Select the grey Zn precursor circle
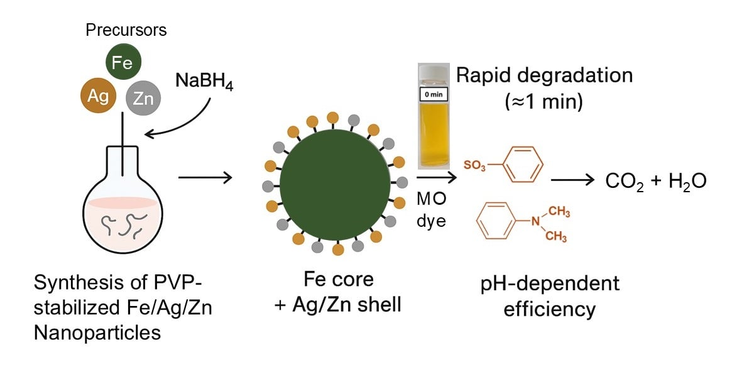point(144,99)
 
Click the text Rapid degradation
point(544,75)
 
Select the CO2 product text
point(625,182)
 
